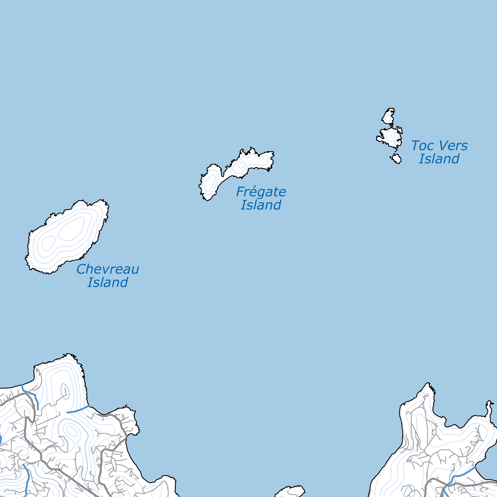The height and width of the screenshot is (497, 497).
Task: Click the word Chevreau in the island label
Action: point(108,269)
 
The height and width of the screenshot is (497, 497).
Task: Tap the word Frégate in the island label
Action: point(261,192)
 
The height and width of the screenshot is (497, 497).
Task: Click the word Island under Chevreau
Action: point(108,282)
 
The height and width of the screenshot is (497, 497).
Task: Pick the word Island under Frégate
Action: point(261,205)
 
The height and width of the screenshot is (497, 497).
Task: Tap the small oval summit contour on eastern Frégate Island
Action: point(242,165)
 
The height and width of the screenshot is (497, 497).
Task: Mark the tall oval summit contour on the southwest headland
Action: point(65,391)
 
